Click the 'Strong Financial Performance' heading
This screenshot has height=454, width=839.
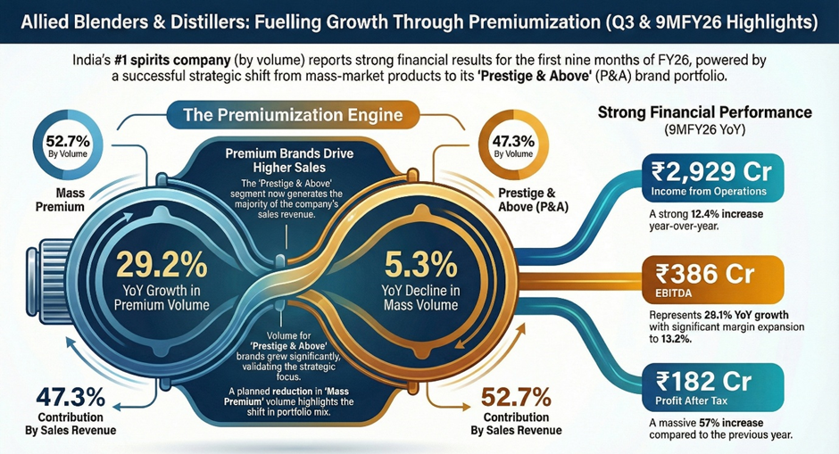[x=704, y=113]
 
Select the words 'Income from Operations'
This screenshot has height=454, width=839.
[x=710, y=190]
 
